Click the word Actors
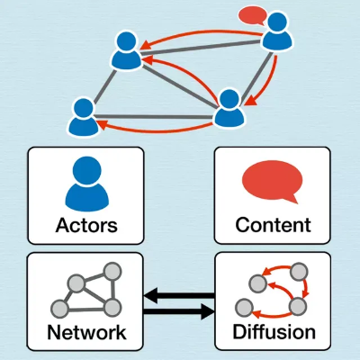(x=86, y=225)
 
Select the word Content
(x=273, y=225)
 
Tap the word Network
(x=86, y=332)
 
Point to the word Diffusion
(x=274, y=332)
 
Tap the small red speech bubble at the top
(x=253, y=15)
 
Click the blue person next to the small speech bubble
(x=277, y=31)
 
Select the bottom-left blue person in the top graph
(x=84, y=117)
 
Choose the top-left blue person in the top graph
(x=126, y=50)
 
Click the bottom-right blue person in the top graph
(x=229, y=108)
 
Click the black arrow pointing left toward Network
(x=179, y=296)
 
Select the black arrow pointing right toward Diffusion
(x=179, y=311)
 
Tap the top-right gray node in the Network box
(x=112, y=272)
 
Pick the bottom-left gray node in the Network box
(x=59, y=308)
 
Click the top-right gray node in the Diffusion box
(x=300, y=272)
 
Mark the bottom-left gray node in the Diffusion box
(x=244, y=308)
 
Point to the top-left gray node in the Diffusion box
(x=257, y=283)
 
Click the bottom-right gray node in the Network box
(x=112, y=308)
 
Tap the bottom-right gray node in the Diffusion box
(x=298, y=307)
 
